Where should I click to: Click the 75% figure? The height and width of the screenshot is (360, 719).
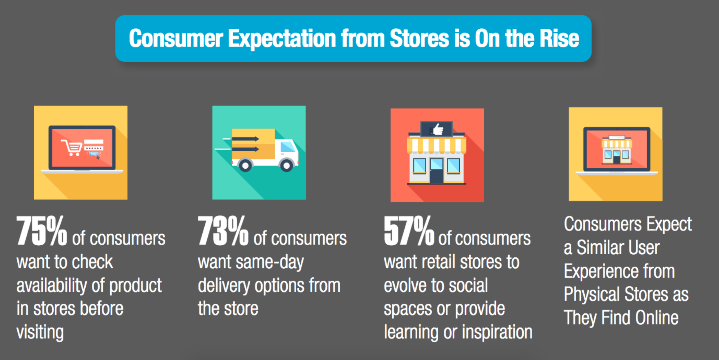(41, 231)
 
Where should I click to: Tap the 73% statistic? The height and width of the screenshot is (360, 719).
(223, 231)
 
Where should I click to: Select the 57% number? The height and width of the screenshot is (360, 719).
(409, 231)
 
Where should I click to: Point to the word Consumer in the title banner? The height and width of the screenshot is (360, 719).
(176, 39)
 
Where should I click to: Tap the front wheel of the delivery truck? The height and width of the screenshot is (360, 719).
(286, 165)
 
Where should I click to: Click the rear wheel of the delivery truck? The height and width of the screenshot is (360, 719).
(245, 165)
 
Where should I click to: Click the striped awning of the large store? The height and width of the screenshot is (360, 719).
(436, 145)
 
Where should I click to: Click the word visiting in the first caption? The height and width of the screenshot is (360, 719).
(40, 332)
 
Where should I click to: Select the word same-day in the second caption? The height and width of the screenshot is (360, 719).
(269, 262)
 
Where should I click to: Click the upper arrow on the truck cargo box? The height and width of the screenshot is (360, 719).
(245, 139)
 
